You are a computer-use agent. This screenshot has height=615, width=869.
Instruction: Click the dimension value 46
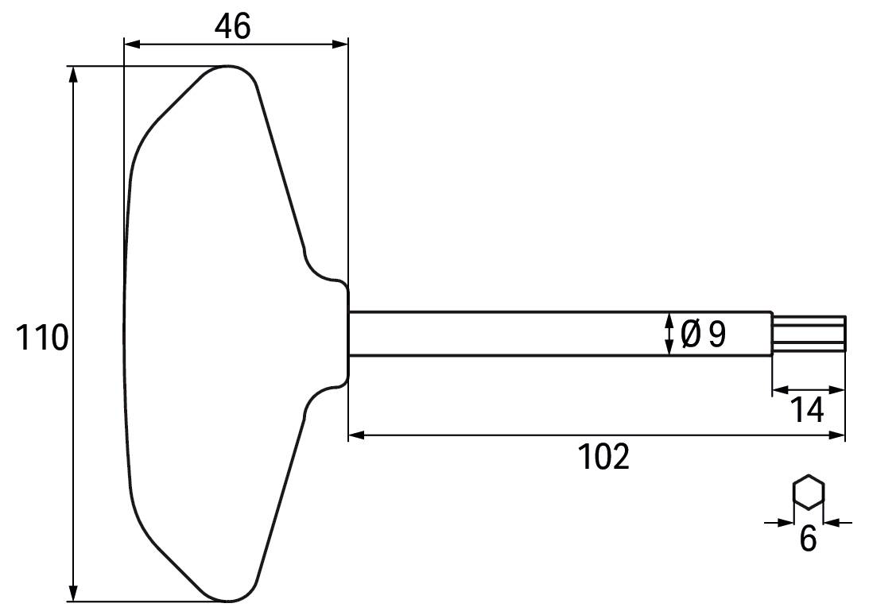pos(232,26)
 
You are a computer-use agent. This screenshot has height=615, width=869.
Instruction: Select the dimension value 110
pos(41,338)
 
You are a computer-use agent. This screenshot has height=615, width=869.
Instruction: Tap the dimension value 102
pos(603,457)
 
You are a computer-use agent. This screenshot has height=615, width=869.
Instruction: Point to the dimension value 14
pos(806,411)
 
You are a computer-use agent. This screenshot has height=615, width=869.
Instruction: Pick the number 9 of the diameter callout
pos(717,335)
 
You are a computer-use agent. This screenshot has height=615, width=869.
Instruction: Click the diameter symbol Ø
pos(690,335)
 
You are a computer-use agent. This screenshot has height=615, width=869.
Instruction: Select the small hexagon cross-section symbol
pos(809,492)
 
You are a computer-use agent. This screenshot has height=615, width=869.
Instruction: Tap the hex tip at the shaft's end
pos(809,333)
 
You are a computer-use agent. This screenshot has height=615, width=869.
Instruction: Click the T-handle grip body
pos(215,334)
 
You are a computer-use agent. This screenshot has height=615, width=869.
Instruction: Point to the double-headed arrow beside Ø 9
pos(669,334)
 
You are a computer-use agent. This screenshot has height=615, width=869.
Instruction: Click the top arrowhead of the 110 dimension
pos(73,74)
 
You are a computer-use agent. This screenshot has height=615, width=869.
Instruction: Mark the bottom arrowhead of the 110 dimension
pos(73,594)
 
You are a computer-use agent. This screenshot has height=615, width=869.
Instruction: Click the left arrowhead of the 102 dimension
pos(356,435)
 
